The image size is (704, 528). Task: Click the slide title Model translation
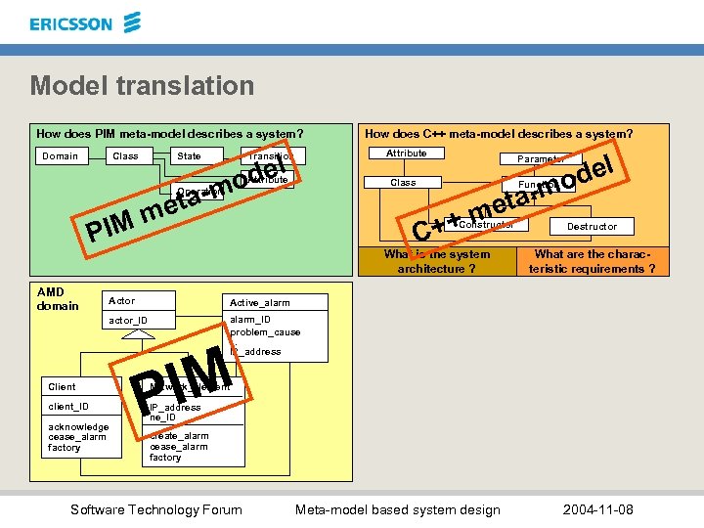[x=142, y=86]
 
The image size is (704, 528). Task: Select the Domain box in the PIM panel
[x=61, y=155]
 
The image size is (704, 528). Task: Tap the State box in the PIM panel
[x=190, y=156]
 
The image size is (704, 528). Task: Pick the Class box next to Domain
[x=126, y=155]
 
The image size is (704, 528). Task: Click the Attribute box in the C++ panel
[x=407, y=154]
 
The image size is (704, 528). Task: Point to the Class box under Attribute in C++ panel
[x=403, y=182]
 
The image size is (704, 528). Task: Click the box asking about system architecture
[x=437, y=262]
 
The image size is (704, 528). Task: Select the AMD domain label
[x=58, y=299]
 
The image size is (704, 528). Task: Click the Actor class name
[x=122, y=301]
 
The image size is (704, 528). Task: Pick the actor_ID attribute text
[x=128, y=321]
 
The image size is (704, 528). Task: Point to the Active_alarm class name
[x=259, y=303]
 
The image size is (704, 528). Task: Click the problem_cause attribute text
[x=265, y=332]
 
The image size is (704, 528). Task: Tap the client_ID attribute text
[x=69, y=407]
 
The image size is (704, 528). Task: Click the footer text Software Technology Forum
[x=156, y=509]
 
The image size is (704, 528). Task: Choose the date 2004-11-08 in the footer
[x=598, y=509]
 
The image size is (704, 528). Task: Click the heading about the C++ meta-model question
[x=498, y=134]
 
